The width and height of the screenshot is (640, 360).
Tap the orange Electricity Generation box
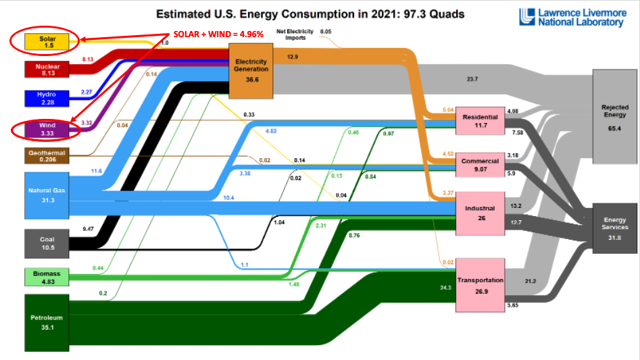pyautogui.click(x=251, y=69)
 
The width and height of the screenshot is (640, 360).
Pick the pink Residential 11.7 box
pyautogui.click(x=480, y=121)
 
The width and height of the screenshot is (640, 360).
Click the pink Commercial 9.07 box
pyautogui.click(x=480, y=165)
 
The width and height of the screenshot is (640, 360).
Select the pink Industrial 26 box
pyautogui.click(x=480, y=212)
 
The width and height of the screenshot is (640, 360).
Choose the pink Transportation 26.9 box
pyautogui.click(x=480, y=284)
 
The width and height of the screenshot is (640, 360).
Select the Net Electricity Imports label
pyautogui.click(x=295, y=34)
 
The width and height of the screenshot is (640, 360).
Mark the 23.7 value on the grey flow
pyautogui.click(x=472, y=79)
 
